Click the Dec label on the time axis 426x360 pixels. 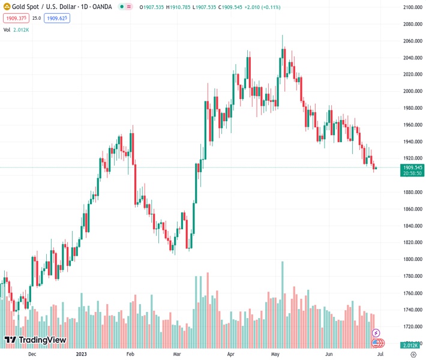tap(32, 354)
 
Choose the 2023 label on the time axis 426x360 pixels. tap(82, 354)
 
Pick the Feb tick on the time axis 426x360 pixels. tap(130, 354)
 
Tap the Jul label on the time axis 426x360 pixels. tap(380, 354)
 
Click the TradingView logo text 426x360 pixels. tap(42, 340)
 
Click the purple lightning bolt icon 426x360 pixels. tap(376, 333)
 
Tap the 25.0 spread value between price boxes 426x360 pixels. tap(37, 18)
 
